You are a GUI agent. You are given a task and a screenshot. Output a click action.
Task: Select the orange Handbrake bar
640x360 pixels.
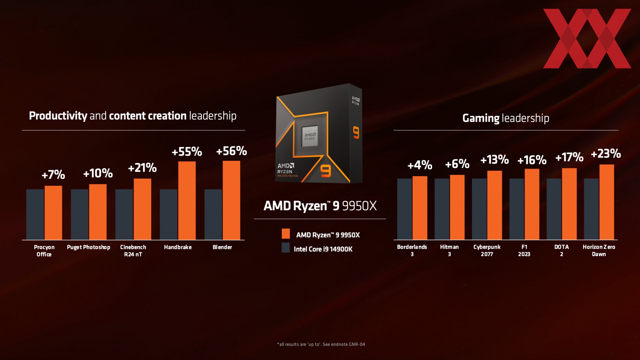point(187,200)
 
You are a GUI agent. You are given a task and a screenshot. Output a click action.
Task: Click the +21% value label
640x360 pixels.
point(142,168)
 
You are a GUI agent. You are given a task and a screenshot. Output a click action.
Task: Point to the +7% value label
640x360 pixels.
point(53,175)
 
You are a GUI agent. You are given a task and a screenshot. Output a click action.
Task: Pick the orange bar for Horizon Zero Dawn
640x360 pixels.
point(607,202)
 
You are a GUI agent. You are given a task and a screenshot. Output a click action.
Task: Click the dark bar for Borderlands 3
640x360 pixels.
point(404,209)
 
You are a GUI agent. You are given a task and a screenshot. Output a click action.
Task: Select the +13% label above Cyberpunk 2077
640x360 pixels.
point(495,160)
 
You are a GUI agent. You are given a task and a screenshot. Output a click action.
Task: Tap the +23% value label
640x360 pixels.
point(606,154)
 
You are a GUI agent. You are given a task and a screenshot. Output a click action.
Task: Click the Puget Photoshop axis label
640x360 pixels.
point(88,247)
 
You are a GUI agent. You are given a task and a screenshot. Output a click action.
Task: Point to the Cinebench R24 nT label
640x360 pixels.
point(133,251)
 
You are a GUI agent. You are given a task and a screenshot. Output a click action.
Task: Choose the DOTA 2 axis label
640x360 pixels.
point(561,250)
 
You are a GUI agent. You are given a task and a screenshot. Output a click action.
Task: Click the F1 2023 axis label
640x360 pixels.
point(524,250)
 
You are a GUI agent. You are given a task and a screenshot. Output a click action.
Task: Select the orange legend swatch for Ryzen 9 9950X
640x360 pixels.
point(286,234)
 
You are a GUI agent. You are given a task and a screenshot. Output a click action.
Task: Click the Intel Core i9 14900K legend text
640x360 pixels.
point(323,249)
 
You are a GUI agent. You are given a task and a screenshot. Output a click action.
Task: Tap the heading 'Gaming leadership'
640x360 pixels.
point(506,118)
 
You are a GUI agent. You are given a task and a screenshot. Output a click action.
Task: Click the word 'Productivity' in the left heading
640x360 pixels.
point(58,116)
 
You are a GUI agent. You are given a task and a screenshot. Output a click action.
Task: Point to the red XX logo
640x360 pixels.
point(587,38)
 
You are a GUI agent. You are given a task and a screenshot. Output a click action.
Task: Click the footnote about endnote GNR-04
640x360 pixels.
point(321,344)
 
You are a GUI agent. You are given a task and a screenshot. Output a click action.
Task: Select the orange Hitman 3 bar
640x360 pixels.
point(457,207)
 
